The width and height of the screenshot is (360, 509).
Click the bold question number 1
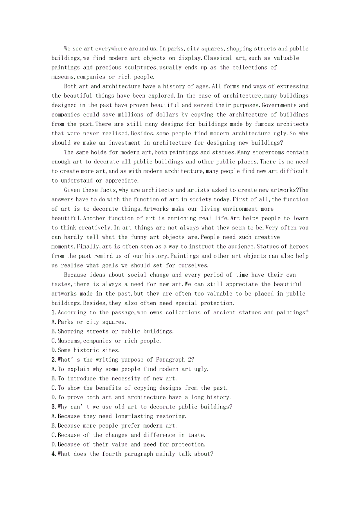[x=53, y=312]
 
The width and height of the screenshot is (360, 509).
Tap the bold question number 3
[x=53, y=407]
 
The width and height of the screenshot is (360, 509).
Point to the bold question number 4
[x=53, y=454]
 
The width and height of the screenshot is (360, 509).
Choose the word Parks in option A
[x=65, y=322]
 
